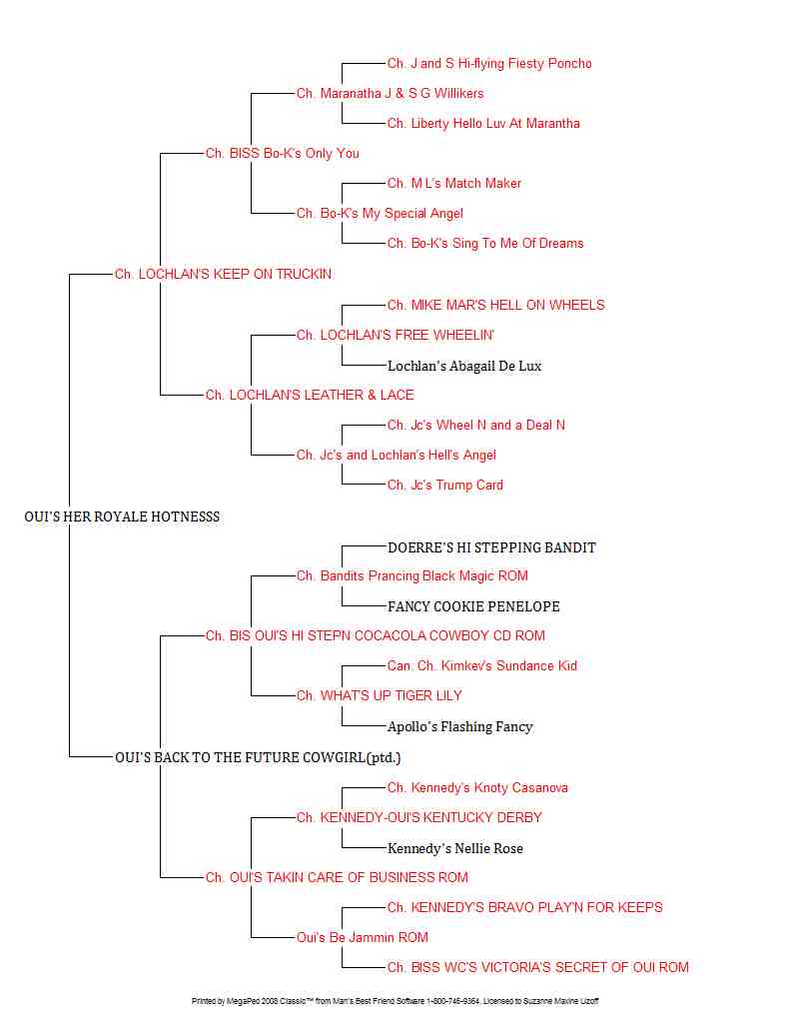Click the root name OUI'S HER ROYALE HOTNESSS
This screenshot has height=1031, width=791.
tap(122, 516)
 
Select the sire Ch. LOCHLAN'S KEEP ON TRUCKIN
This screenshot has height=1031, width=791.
tap(223, 274)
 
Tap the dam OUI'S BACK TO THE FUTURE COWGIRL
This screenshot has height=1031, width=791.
tap(258, 757)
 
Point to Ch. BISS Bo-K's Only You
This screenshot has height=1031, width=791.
tap(282, 153)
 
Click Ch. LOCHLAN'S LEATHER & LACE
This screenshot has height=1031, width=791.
tap(310, 396)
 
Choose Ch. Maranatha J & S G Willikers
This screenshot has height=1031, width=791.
tap(390, 93)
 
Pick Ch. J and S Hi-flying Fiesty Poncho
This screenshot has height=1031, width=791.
tap(489, 64)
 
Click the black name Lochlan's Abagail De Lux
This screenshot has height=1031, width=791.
tap(464, 366)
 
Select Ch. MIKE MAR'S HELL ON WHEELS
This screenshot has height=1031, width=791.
tap(495, 305)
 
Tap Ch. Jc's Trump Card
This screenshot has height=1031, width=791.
tap(445, 486)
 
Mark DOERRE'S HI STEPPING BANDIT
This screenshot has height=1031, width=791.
tap(491, 547)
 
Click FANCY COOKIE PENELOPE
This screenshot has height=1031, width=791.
tap(473, 606)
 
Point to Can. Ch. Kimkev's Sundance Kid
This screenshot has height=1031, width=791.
tap(482, 666)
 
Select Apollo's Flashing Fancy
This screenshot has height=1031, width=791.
tap(459, 726)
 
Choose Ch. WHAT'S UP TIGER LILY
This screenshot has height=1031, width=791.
tap(380, 695)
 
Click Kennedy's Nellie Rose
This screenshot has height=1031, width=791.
tap(455, 848)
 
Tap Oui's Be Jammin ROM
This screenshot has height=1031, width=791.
tap(363, 938)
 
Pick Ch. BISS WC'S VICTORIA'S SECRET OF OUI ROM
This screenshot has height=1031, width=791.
tap(538, 968)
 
